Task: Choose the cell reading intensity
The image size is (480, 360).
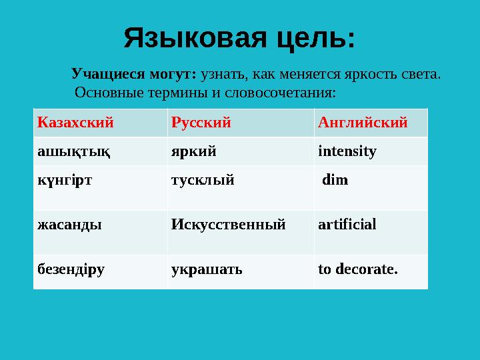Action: (x=347, y=151)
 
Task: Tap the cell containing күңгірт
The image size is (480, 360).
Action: (x=66, y=181)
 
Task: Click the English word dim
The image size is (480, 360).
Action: (x=335, y=180)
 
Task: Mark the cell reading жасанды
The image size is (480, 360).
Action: (x=69, y=225)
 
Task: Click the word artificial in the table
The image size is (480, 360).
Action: (x=347, y=224)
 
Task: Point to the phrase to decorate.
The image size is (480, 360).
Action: (x=358, y=269)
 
